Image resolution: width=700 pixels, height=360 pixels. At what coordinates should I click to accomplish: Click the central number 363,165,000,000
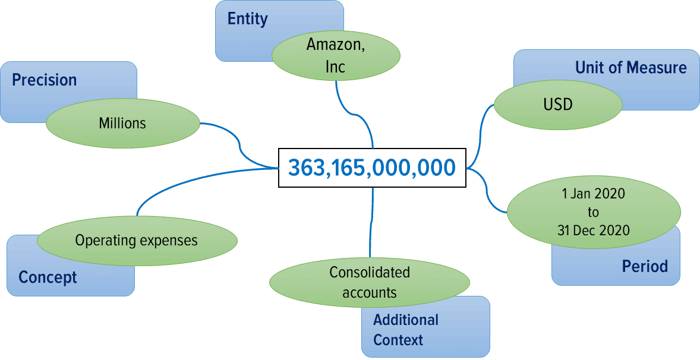[372, 168]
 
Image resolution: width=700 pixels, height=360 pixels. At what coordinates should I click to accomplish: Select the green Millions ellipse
[123, 123]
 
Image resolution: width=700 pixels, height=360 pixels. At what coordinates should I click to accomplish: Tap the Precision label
[44, 80]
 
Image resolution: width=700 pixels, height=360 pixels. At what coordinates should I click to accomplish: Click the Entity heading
[247, 19]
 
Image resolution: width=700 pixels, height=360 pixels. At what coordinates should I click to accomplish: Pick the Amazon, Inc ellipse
[336, 55]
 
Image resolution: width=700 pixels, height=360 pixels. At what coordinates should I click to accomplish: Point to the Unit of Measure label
[631, 67]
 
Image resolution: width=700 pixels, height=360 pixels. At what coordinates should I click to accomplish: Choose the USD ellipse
[558, 105]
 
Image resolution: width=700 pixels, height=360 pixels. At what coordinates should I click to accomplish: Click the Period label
[645, 266]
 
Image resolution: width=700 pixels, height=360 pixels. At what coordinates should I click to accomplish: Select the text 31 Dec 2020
[593, 230]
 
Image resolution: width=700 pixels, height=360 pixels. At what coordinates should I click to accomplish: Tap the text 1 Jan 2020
[593, 194]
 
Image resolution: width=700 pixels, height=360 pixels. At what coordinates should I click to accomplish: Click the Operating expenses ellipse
[137, 241]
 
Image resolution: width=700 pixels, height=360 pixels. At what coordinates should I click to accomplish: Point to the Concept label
[48, 277]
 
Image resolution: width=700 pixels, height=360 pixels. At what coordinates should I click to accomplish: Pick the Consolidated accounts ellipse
[370, 282]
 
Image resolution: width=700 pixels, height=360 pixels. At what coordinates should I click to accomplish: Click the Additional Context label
[399, 330]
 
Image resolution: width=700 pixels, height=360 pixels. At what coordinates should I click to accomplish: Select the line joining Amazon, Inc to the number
[355, 115]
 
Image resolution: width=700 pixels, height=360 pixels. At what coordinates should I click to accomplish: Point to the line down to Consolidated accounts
[371, 222]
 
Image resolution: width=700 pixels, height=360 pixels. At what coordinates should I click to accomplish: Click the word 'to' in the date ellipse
[593, 212]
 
